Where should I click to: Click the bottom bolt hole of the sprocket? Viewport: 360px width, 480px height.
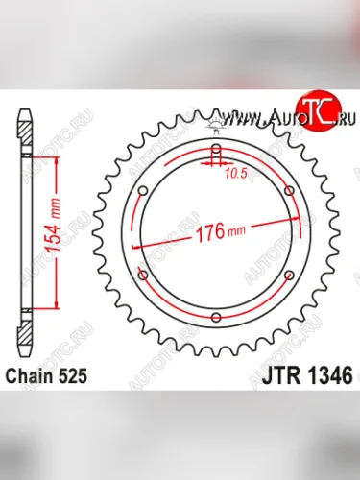point(216,317)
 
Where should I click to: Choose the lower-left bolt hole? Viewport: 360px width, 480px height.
point(143,276)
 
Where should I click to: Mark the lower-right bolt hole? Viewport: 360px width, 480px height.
point(289,276)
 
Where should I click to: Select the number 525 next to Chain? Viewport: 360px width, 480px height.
point(75,376)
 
